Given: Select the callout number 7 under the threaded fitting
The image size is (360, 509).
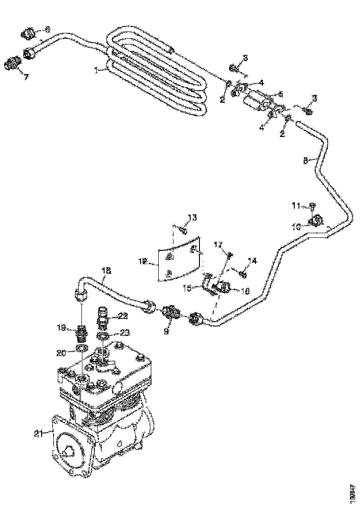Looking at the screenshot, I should (x=26, y=76).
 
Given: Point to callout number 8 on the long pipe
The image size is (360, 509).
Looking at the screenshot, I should (x=305, y=161).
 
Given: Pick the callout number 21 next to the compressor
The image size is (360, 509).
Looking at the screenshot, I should (x=38, y=433).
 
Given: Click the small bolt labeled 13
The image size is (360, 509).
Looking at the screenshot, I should (x=183, y=230).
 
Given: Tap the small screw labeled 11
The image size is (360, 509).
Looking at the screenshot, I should (x=313, y=205).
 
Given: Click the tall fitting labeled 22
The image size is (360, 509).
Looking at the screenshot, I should (x=103, y=317).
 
